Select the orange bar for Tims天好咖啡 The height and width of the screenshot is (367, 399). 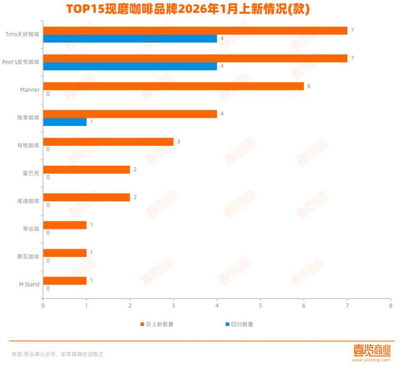[195, 31]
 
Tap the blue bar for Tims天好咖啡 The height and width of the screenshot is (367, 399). [130, 39]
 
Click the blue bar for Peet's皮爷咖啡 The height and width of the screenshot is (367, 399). [130, 66]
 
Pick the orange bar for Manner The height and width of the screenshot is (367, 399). [173, 86]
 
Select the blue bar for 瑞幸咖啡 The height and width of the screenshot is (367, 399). [65, 122]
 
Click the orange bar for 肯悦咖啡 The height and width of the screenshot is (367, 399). [108, 141]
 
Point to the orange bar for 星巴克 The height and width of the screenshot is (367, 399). [86, 169]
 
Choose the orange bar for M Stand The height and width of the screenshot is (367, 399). [65, 280]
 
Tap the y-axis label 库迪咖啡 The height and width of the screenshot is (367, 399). [28, 201]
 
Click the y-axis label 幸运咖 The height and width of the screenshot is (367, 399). [31, 229]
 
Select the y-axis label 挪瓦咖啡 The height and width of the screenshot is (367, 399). [28, 257]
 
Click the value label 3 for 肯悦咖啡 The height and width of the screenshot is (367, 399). [178, 141]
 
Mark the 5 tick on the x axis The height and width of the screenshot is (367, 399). [260, 305]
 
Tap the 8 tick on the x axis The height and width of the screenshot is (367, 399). [390, 305]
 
